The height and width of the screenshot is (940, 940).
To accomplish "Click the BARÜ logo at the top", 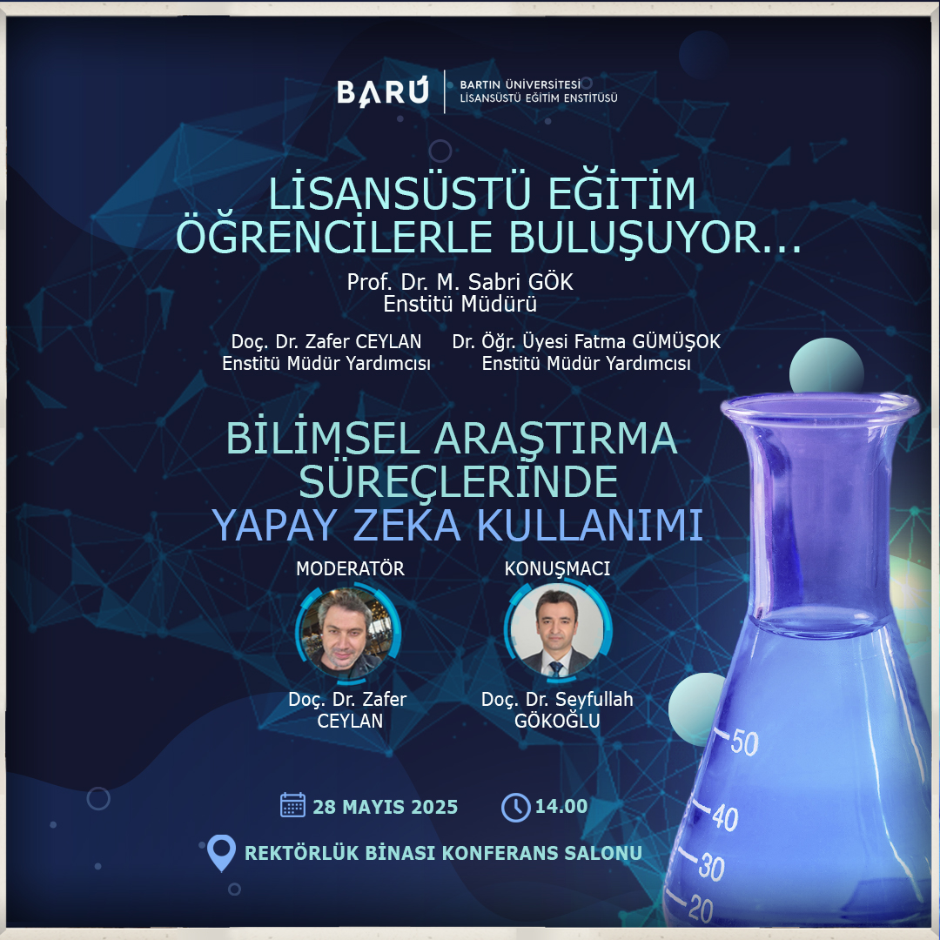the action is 383,92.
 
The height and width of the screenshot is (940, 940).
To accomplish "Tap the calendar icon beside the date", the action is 292,805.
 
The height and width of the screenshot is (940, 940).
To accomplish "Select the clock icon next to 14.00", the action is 515,807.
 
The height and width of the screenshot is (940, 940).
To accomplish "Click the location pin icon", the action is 220,852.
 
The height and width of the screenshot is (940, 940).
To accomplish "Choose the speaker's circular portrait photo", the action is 558,631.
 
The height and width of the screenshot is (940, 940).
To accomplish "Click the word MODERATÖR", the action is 350,568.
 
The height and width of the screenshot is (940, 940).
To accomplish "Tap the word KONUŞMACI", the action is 557,569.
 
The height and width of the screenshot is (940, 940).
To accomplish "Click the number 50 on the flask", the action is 744,742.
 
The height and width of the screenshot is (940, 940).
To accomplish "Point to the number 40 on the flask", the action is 725,817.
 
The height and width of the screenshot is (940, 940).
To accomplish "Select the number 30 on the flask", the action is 712,867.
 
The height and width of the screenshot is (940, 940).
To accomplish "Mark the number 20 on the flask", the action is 700,909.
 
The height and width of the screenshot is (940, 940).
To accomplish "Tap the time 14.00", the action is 561,806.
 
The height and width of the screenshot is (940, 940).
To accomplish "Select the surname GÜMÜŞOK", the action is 676,342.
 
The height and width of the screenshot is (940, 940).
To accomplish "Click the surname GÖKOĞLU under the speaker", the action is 557,720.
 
